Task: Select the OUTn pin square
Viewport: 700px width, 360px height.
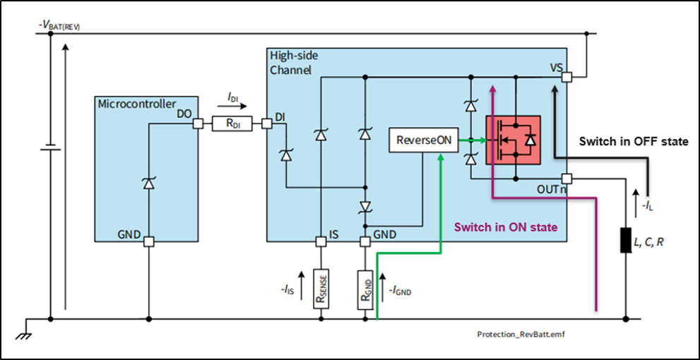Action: coord(566,178)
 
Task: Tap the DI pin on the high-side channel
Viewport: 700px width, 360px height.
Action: coord(266,124)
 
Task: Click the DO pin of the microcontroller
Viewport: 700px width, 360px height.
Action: coord(198,124)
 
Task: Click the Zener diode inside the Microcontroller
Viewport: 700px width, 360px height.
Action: coord(148,184)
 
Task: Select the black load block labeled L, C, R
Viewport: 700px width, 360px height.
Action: coord(625,241)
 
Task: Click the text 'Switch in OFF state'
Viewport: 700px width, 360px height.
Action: coord(633,142)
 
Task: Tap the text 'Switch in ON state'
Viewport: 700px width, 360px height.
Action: coord(506,227)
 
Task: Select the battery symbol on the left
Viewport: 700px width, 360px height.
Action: coord(50,149)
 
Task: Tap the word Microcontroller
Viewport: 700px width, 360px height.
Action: coord(136,104)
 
